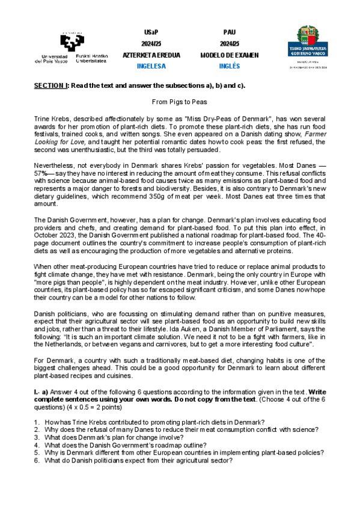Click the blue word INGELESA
(151, 66)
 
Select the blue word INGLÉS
(229, 66)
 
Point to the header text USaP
(151, 32)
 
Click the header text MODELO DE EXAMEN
(230, 55)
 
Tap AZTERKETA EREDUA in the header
(151, 55)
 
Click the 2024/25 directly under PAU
(230, 43)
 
